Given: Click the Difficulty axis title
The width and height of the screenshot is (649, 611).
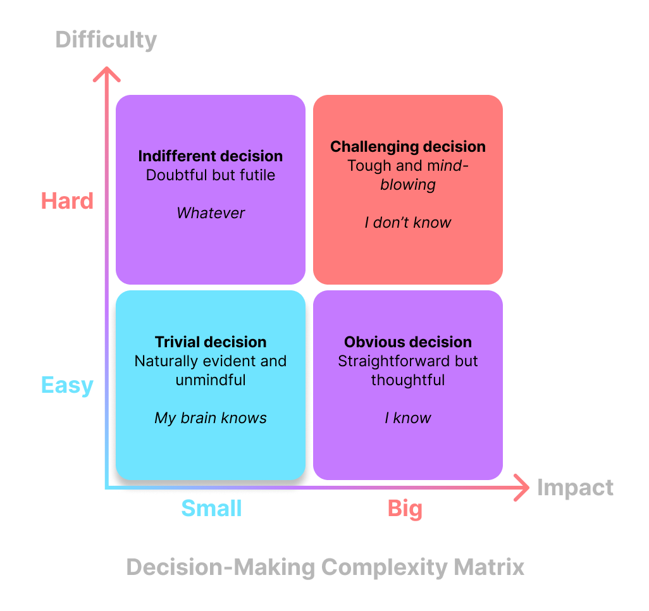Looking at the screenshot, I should (x=106, y=40).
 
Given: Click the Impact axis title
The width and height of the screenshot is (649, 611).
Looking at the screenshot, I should (x=575, y=488).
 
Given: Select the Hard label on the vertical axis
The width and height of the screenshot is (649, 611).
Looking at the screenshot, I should (x=67, y=201).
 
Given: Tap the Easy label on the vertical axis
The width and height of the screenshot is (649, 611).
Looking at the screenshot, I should (x=67, y=385).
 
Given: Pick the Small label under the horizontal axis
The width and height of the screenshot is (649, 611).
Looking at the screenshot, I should (x=211, y=508).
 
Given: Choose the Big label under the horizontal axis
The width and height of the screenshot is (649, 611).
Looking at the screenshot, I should (x=405, y=508).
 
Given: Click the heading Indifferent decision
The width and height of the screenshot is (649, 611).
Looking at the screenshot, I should (x=211, y=156).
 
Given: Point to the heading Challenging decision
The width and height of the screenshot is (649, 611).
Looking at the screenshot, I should (x=408, y=147).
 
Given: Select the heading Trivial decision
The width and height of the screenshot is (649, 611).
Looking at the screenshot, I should (x=211, y=342).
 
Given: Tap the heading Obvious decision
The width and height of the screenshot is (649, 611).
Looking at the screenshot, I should (x=408, y=342).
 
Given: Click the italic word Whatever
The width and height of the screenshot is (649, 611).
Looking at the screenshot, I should (x=211, y=213).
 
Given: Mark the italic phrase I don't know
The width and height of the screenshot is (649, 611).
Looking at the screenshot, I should (x=408, y=223).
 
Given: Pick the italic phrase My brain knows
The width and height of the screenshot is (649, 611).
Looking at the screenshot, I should (x=211, y=418).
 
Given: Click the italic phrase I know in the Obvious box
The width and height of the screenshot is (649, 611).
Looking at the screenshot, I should (x=408, y=418).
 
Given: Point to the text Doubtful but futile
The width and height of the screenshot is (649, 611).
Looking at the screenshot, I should (x=211, y=175).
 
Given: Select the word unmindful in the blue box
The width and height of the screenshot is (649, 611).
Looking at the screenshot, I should (x=211, y=380).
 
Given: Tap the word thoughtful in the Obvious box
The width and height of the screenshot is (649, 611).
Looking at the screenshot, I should (x=408, y=380).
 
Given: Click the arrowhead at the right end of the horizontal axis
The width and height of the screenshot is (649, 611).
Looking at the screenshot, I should (x=522, y=488).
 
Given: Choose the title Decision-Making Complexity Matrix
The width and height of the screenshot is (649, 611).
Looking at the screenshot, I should (x=325, y=567).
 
